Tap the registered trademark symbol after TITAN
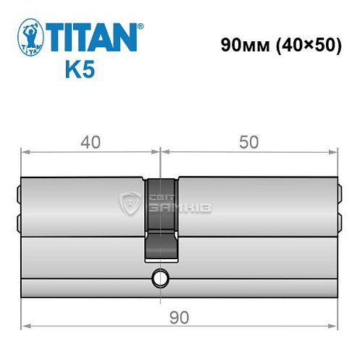pyautogui.click(x=140, y=27)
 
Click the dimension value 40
pyautogui.click(x=91, y=143)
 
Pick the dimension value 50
pyautogui.click(x=249, y=143)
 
